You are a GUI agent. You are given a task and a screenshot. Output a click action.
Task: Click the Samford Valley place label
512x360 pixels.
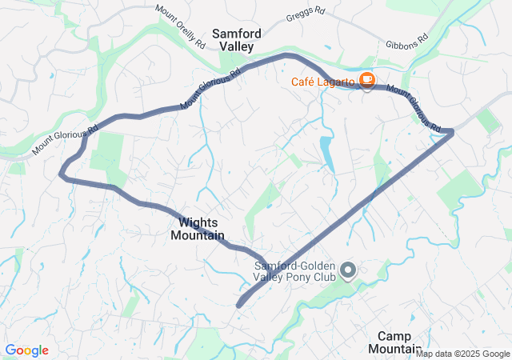[233, 41]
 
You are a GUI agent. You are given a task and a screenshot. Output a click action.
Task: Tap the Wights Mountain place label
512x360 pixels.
[197, 229]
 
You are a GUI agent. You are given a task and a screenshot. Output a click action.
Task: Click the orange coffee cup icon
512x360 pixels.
[367, 79]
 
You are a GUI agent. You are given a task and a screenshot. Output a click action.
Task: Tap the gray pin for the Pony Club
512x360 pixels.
[348, 270]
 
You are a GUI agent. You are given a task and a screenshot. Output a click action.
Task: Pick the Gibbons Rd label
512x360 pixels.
[407, 41]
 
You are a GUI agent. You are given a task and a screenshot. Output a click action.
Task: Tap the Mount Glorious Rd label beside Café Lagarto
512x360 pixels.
[415, 109]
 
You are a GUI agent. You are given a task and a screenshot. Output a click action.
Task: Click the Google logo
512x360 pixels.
[26, 350]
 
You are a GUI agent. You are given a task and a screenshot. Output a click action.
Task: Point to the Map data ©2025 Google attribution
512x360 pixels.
[462, 354]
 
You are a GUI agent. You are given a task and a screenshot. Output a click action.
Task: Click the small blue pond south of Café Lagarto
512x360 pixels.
[326, 154]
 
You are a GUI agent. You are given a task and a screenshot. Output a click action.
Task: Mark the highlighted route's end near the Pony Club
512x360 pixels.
[239, 305]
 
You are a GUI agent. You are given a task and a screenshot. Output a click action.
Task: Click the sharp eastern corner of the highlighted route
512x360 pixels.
[452, 130]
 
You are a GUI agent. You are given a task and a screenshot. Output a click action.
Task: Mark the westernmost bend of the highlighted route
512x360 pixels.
[62, 171]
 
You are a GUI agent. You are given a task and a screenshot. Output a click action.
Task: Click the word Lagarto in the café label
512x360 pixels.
[337, 80]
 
